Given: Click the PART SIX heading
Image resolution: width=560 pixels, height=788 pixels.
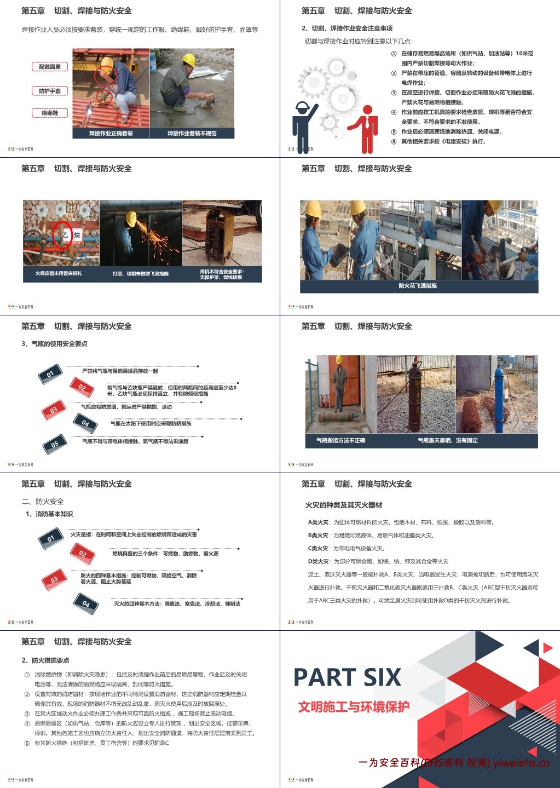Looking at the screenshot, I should click(x=347, y=677).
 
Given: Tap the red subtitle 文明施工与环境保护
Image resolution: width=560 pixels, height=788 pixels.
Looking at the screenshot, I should click(x=354, y=707).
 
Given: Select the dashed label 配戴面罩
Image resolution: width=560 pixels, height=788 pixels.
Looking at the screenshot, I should click(x=50, y=67).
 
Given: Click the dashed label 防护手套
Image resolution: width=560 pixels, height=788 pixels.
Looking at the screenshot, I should click(x=50, y=91).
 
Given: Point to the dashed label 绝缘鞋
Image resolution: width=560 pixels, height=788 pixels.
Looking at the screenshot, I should click(x=50, y=113).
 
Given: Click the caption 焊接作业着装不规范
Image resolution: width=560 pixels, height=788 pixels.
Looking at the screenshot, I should click(x=192, y=133).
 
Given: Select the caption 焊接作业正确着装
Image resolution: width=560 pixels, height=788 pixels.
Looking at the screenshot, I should click(x=111, y=133).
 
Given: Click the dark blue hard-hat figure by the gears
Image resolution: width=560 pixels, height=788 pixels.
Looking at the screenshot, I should click(x=304, y=126).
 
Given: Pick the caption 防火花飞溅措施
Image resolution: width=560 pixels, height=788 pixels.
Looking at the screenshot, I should click(x=418, y=286).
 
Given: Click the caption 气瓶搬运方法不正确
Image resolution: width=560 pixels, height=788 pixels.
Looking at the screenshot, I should click(x=340, y=440).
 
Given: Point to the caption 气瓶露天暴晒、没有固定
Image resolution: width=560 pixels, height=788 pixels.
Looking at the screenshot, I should click(x=448, y=440).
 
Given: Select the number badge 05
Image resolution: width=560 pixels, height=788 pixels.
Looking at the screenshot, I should click(x=54, y=445).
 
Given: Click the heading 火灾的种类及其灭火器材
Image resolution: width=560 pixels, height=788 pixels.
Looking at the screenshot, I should click(x=344, y=505).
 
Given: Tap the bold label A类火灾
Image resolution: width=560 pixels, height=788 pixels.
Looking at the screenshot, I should click(x=318, y=522).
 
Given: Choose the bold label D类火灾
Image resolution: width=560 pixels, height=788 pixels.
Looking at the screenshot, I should click(x=318, y=561).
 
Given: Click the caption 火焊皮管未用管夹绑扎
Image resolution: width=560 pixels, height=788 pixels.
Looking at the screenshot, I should click(x=59, y=273).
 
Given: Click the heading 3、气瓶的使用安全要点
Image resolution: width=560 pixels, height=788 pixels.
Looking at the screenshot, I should click(x=54, y=344).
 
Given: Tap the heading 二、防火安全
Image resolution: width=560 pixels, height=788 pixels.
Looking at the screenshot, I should click(x=43, y=501).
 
